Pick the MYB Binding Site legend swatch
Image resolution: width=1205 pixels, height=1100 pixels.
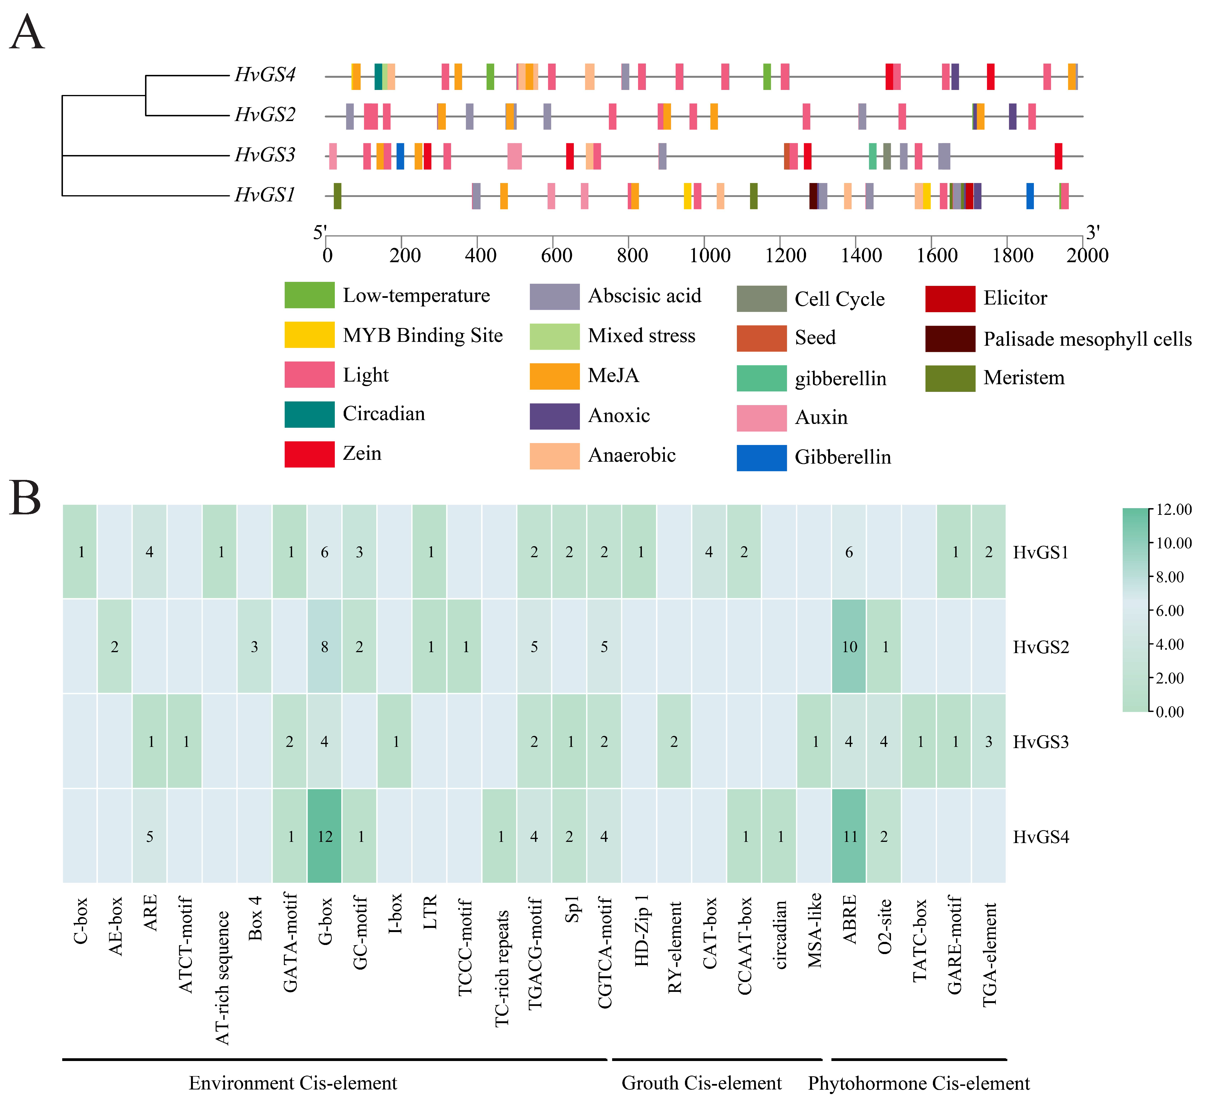click(x=309, y=335)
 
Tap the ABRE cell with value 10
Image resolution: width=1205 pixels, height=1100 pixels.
click(x=849, y=646)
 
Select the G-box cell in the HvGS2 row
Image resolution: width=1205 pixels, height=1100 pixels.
click(x=325, y=646)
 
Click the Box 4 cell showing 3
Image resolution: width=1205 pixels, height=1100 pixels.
click(x=255, y=646)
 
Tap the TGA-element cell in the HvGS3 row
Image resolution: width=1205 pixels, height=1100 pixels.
click(x=989, y=741)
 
